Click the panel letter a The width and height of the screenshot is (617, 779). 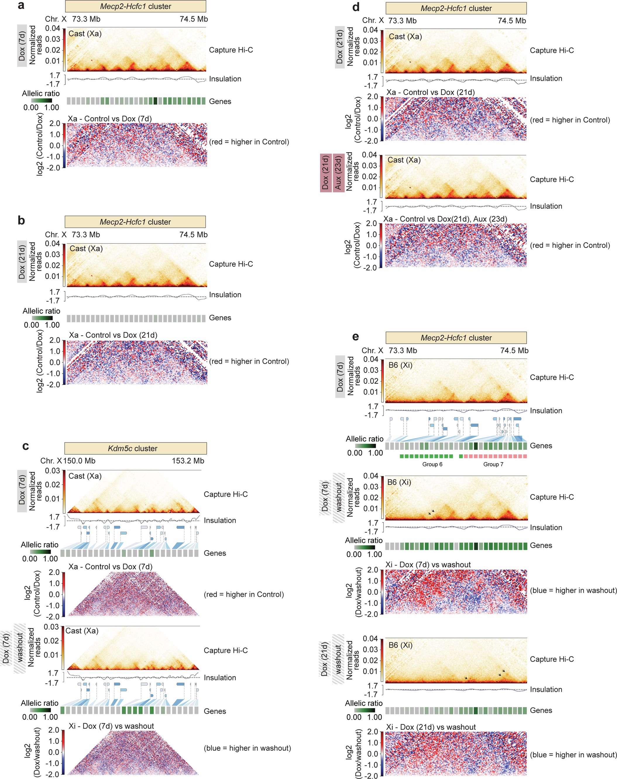pyautogui.click(x=21, y=6)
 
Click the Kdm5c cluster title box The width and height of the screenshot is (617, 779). pyautogui.click(x=135, y=448)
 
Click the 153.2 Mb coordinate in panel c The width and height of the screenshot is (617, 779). pyautogui.click(x=188, y=461)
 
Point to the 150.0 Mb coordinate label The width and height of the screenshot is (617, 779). pyautogui.click(x=79, y=461)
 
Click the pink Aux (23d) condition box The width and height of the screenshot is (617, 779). pyautogui.click(x=338, y=172)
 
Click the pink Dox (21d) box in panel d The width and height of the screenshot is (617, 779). pyautogui.click(x=326, y=172)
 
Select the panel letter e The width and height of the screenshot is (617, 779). pyautogui.click(x=355, y=337)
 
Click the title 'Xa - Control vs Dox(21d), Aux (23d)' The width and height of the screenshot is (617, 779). pyautogui.click(x=445, y=219)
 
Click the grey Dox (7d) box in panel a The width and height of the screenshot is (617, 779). pyautogui.click(x=22, y=46)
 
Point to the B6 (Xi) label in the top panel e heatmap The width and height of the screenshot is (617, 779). pyautogui.click(x=400, y=365)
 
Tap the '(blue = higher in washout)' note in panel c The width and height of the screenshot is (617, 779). pyautogui.click(x=248, y=748)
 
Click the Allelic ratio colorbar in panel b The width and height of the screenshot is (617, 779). pyautogui.click(x=42, y=318)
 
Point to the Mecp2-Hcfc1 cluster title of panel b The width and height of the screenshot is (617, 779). pyautogui.click(x=135, y=222)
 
